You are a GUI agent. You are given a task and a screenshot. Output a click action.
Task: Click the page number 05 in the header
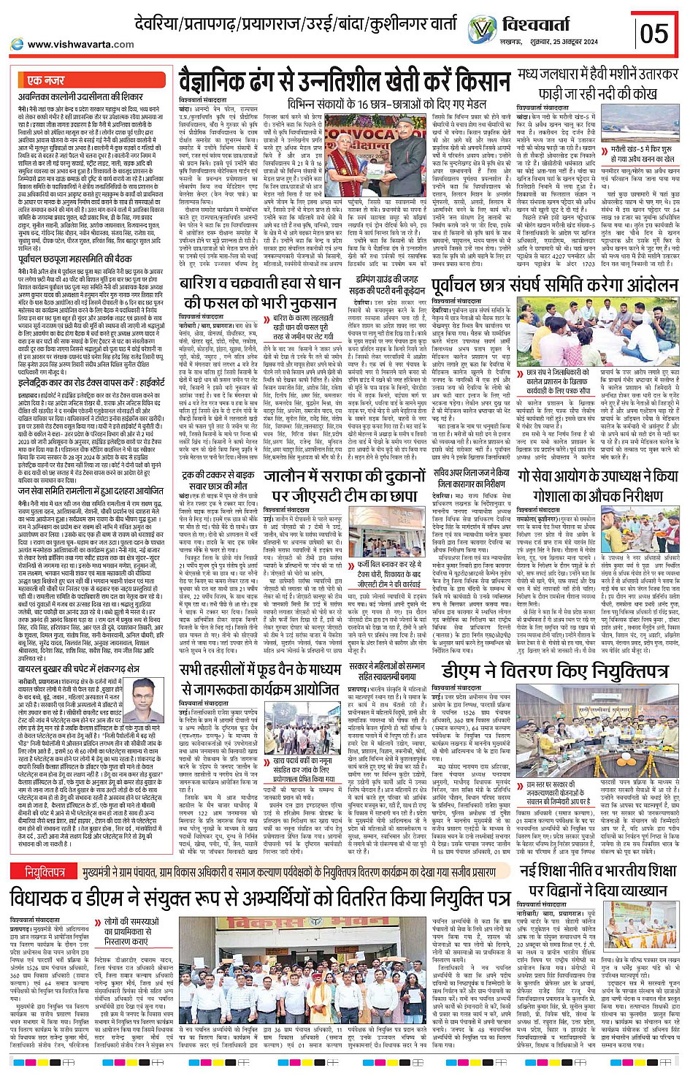(653, 33)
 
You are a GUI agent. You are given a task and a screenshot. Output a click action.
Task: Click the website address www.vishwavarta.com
(80, 44)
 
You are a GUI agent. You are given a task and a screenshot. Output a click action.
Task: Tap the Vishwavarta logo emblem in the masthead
(482, 30)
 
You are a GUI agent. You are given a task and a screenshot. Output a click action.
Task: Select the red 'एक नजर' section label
(46, 80)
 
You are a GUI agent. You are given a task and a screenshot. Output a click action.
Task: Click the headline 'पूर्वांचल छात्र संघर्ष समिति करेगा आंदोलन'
(555, 285)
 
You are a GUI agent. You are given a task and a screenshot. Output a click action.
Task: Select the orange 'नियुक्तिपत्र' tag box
(45, 871)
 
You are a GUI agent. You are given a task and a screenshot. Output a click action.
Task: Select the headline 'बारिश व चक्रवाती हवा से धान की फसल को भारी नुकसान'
(261, 292)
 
